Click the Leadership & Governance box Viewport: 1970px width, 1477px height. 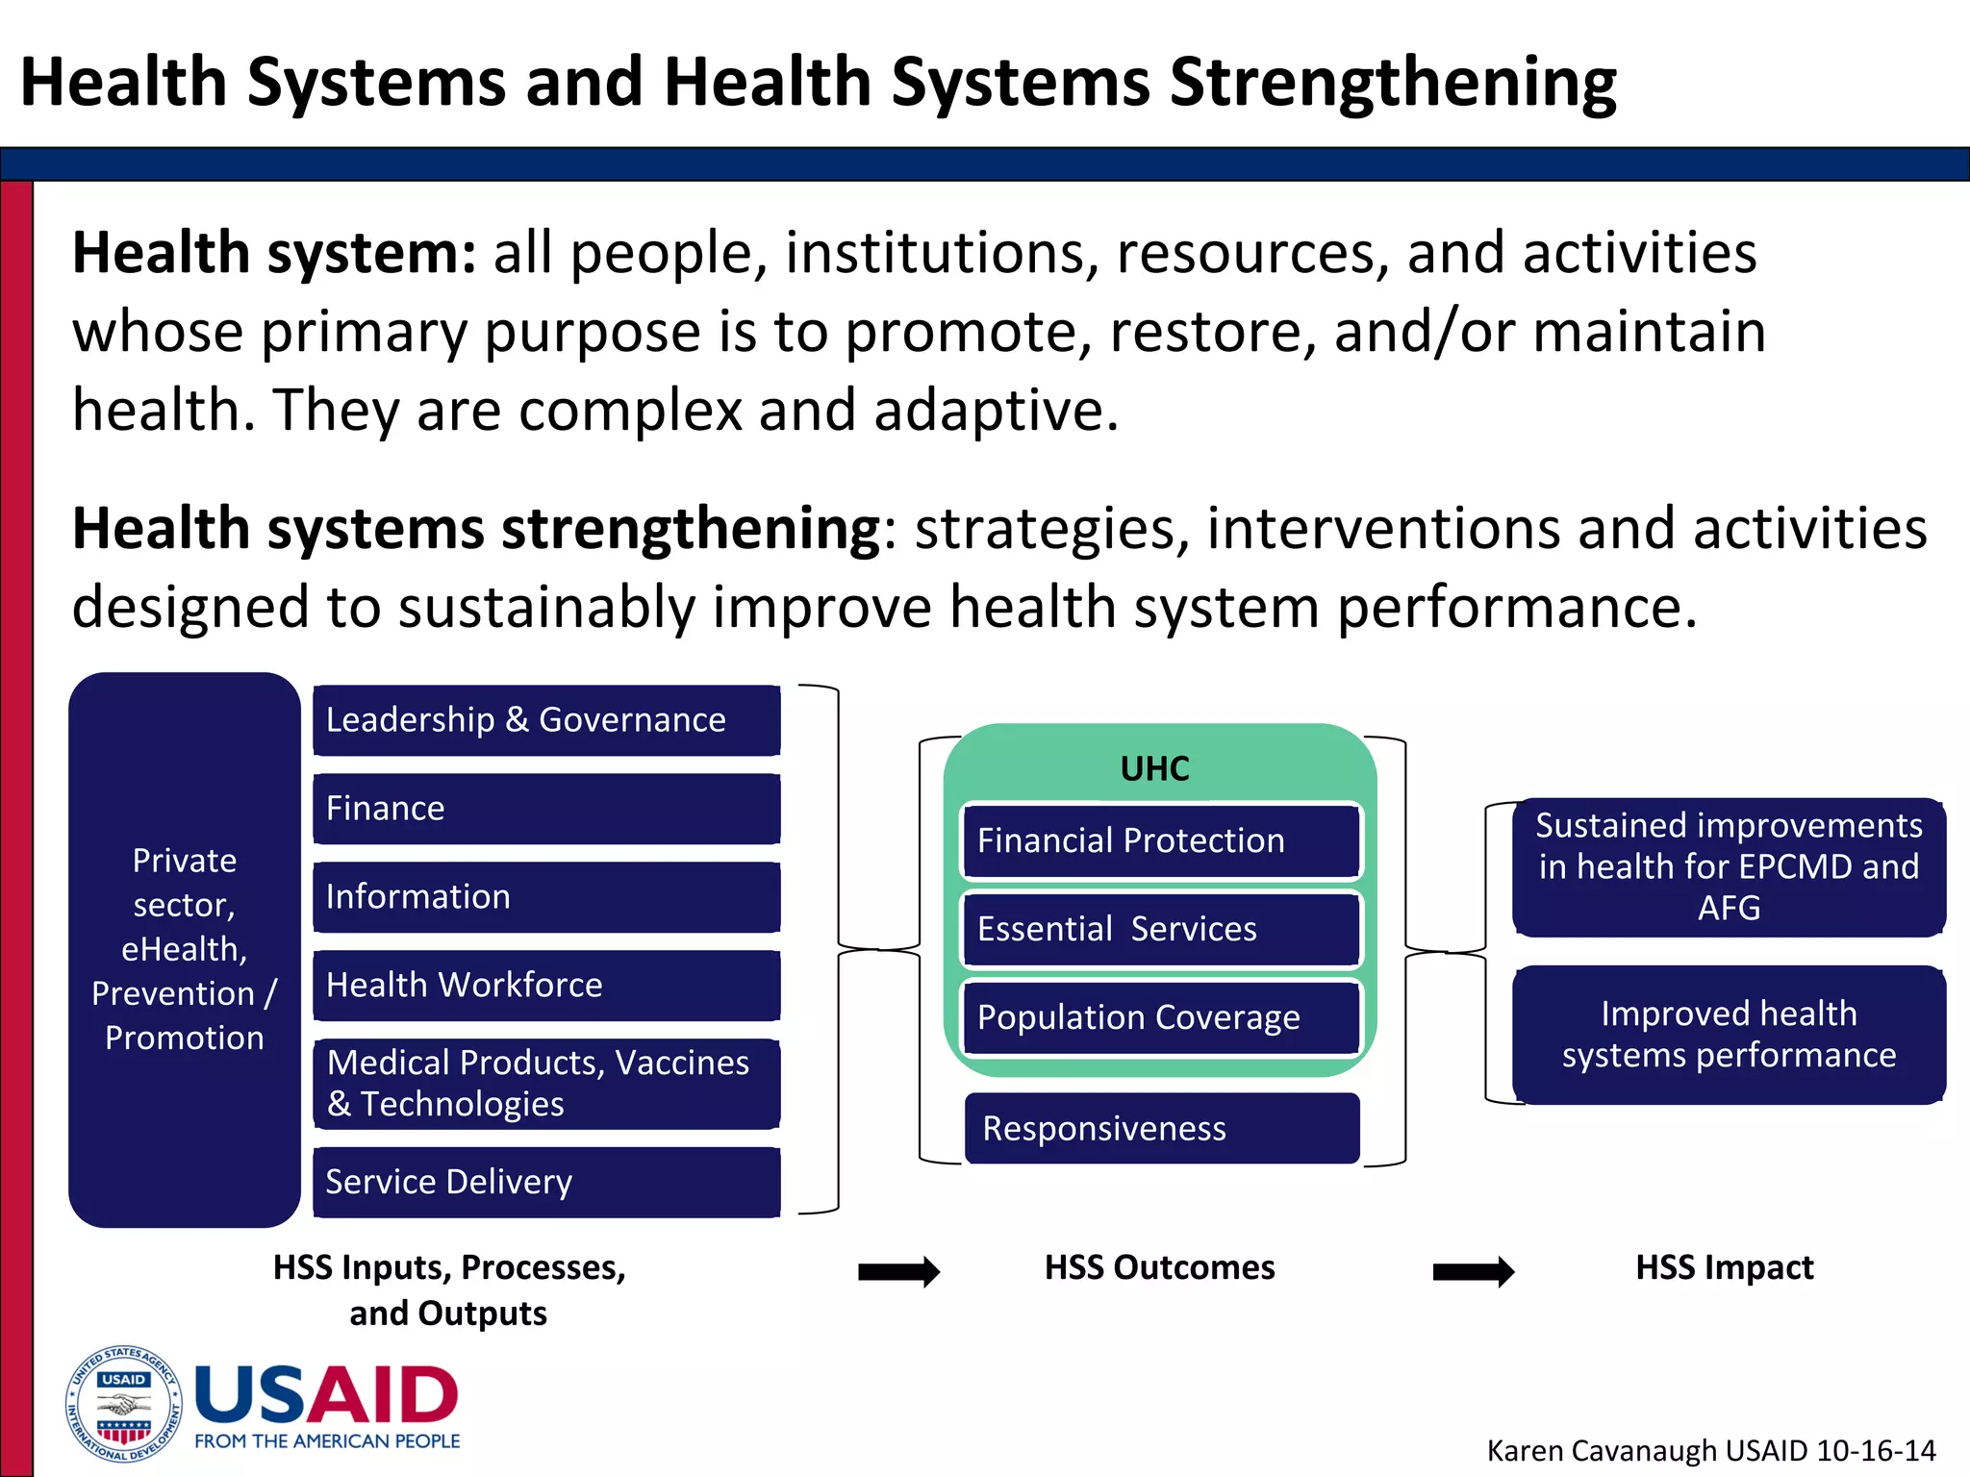[x=546, y=720]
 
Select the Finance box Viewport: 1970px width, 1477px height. [x=546, y=809]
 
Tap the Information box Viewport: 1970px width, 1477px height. [x=546, y=897]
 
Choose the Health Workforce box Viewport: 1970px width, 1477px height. [x=546, y=986]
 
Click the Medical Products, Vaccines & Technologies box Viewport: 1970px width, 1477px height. [x=546, y=1084]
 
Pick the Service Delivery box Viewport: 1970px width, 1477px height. [x=546, y=1182]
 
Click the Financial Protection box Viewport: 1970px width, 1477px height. [x=1162, y=841]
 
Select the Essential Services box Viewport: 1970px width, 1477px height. [x=1162, y=929]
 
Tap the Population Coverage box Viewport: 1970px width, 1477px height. [x=1162, y=1017]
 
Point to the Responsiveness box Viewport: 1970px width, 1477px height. [x=1162, y=1129]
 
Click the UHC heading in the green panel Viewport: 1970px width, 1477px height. [x=1155, y=769]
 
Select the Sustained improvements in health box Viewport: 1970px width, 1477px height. [x=1729, y=867]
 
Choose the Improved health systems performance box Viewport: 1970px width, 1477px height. [x=1729, y=1035]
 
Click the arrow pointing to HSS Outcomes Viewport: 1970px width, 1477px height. [x=898, y=1271]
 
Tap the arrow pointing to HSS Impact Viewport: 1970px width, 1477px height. [x=1473, y=1271]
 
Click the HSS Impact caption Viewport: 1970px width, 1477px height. [x=1725, y=1267]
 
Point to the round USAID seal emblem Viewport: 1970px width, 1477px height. [x=123, y=1404]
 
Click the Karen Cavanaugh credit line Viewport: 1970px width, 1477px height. [x=1711, y=1450]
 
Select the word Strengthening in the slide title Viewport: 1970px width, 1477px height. [x=1393, y=83]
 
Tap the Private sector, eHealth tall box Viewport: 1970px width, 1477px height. [x=185, y=950]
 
